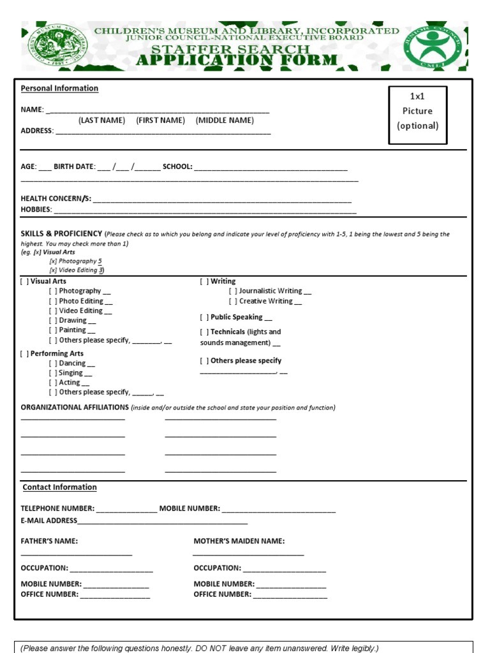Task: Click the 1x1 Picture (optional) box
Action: click(418, 115)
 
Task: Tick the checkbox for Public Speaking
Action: click(204, 317)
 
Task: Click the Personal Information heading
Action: click(59, 88)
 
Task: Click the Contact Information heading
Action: click(59, 487)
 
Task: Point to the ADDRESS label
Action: click(36, 131)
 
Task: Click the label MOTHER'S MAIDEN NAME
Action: click(239, 541)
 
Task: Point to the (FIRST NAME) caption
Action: click(160, 120)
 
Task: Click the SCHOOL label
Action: click(177, 166)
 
